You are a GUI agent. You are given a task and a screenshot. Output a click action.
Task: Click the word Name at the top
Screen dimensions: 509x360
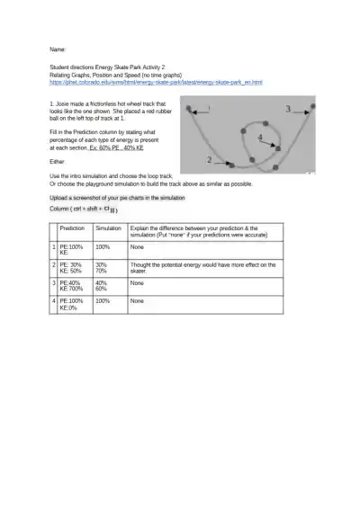click(x=58, y=49)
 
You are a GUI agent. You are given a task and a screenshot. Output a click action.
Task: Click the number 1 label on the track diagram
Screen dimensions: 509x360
click(x=210, y=108)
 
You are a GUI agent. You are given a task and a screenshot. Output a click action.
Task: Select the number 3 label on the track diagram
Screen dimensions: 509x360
click(x=288, y=109)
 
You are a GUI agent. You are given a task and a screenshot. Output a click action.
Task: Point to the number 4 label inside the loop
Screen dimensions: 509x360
click(x=260, y=137)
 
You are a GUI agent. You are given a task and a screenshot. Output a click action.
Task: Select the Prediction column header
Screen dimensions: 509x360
click(x=72, y=229)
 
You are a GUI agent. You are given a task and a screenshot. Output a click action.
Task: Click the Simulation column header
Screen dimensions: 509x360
click(x=108, y=229)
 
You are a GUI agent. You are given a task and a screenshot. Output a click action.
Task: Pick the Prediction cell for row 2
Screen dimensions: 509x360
click(x=75, y=267)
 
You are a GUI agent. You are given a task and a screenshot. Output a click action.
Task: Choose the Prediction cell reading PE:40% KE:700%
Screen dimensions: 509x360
click(x=75, y=285)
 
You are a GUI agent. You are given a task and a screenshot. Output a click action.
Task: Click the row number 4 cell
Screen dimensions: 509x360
click(x=54, y=304)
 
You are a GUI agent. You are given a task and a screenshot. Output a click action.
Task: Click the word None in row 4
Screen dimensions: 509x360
click(x=137, y=300)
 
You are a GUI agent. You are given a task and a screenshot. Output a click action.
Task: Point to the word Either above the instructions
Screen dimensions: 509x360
click(x=58, y=161)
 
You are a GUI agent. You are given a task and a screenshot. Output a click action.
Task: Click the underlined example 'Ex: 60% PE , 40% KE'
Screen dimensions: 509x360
click(x=106, y=147)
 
